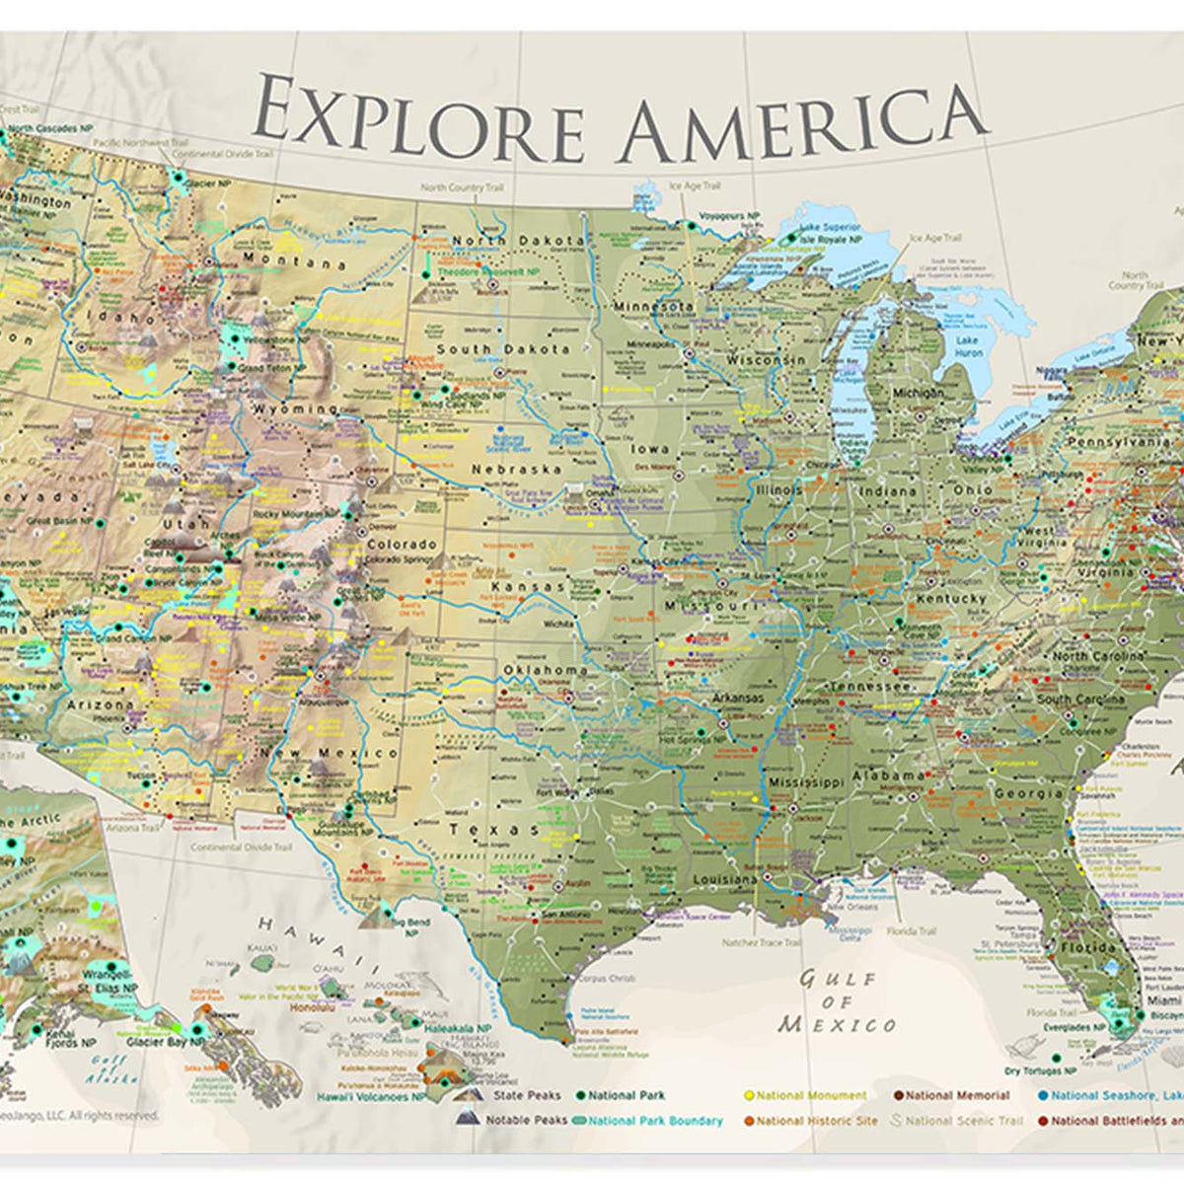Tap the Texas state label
pyautogui.click(x=491, y=830)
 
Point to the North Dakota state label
pyautogui.click(x=517, y=240)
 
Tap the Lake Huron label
pyautogui.click(x=968, y=345)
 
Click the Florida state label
pyautogui.click(x=1087, y=947)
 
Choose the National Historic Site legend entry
pyautogui.click(x=816, y=1121)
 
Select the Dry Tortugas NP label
pyautogui.click(x=1039, y=1071)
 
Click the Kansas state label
pyautogui.click(x=529, y=587)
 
